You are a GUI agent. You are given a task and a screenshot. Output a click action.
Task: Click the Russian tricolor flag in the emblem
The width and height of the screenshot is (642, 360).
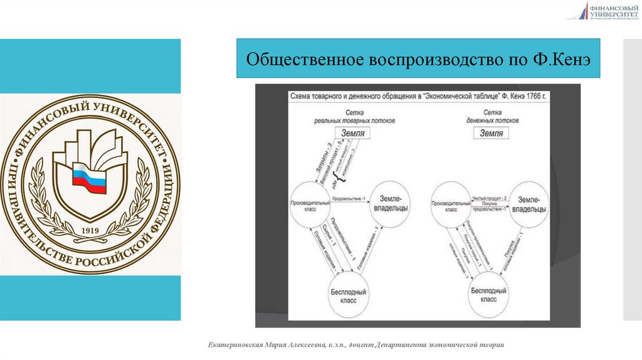click(90, 179)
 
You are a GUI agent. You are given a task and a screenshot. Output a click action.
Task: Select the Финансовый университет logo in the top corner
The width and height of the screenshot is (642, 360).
click(603, 11)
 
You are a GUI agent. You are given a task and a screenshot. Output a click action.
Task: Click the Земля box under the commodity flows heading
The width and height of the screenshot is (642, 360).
click(350, 133)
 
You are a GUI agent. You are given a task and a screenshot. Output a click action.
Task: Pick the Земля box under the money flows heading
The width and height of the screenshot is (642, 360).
click(492, 133)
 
